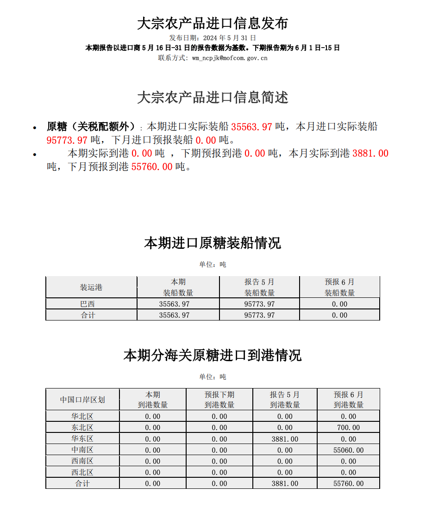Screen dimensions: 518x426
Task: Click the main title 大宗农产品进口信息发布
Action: coord(213,23)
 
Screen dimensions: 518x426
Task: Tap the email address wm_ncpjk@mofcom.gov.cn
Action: coord(229,58)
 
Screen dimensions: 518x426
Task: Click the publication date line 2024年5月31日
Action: coord(213,38)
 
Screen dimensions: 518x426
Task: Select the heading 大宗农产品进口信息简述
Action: coord(213,97)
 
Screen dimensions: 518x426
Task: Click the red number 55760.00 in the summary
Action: coord(151,166)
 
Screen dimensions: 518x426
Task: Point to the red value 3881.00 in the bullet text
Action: coord(370,153)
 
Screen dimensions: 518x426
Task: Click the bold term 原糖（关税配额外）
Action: coord(91,126)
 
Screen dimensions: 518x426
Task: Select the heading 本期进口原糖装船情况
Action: coord(213,243)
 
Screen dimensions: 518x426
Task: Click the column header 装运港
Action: coord(91,287)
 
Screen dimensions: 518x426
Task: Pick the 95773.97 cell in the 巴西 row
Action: coord(259,304)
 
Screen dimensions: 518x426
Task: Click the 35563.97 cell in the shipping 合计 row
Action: coord(174,315)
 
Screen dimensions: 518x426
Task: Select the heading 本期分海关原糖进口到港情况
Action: coord(213,355)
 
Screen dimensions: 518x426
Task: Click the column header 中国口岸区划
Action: coord(82,400)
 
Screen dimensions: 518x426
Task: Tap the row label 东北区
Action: coord(82,427)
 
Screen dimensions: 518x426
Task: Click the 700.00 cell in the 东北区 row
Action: coord(348,427)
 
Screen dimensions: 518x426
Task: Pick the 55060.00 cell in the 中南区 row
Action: coord(348,450)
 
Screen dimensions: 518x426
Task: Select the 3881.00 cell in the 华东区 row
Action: coord(285,439)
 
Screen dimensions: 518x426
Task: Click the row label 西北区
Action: coord(82,472)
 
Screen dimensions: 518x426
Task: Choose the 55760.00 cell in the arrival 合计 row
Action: coord(348,483)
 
